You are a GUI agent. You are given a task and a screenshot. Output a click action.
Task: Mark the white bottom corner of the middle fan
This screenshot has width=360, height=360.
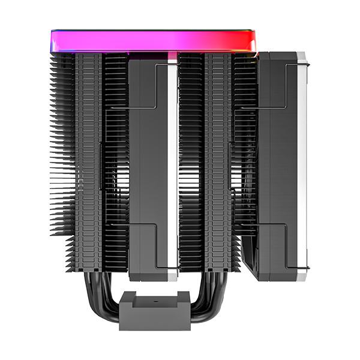click(172, 276)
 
